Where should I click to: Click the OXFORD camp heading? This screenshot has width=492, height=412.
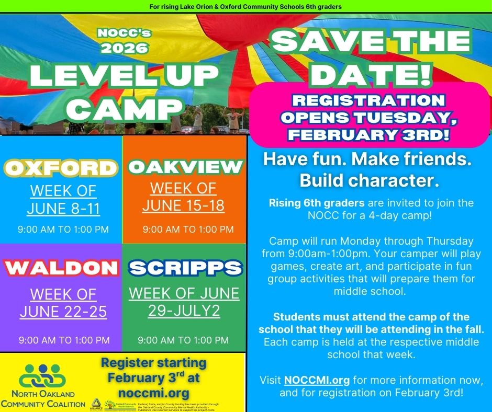point(61,168)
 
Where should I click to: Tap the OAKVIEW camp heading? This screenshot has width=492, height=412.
point(186,167)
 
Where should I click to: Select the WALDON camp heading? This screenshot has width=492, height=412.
point(61,268)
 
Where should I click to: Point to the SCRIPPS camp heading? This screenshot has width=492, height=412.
point(185,268)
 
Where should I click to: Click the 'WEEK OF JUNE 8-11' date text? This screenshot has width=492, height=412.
point(63,199)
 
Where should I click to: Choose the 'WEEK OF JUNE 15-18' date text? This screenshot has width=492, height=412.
point(183,197)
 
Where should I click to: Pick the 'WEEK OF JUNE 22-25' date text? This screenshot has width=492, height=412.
point(63,303)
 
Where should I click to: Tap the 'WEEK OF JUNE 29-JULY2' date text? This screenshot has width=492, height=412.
point(184,301)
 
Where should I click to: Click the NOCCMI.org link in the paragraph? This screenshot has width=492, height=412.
point(317,379)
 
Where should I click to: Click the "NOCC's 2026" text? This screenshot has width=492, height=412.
point(124,40)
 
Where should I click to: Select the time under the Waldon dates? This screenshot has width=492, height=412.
point(64,340)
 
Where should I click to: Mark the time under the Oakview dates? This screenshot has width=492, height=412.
point(188,229)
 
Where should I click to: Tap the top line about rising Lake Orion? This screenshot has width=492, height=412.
point(245,6)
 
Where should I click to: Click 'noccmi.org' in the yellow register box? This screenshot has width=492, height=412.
point(153,393)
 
